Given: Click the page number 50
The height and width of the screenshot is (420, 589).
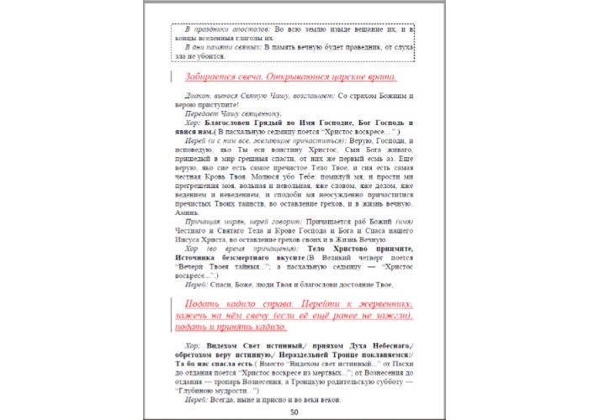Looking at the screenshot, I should coord(294,412).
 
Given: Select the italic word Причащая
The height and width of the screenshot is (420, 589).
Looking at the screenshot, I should coord(204,223).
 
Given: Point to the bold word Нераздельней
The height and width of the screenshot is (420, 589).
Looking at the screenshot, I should coord(297,355).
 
